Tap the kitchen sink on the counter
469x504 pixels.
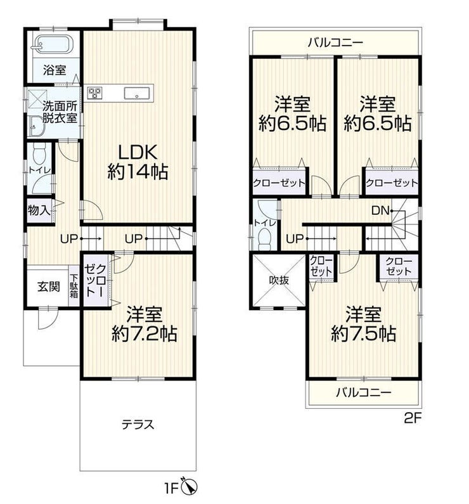pos(137,93)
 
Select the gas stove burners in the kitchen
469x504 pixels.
pos(95,93)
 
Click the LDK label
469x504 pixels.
pos(138,152)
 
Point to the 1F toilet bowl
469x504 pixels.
pos(39,153)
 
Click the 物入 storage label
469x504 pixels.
pos(39,210)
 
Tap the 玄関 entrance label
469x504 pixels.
pos(49,287)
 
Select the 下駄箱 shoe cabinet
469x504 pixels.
pos(74,286)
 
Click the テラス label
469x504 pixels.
pos(138,425)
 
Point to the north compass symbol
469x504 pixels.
pos(190,487)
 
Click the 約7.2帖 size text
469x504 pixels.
pos(145,333)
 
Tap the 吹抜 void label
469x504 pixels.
pos(279,280)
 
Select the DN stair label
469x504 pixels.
pos(380,210)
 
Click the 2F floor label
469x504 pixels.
pos(412,418)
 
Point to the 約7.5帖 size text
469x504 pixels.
pos(363,333)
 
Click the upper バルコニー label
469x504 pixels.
pos(335,42)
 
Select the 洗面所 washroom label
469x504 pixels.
pos(60,106)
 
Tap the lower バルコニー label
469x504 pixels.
pos(364,392)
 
